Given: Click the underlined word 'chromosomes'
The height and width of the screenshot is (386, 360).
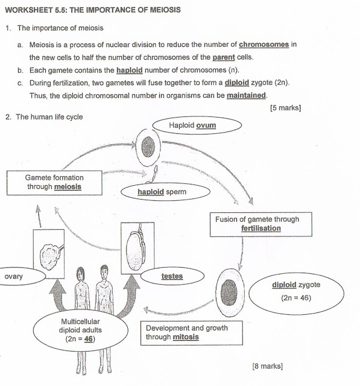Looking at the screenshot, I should click(264, 45).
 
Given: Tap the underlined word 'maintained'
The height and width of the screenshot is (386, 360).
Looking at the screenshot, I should click(247, 96).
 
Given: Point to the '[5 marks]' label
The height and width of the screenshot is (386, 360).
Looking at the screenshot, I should click(285, 108).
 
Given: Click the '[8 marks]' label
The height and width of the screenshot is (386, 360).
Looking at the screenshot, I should click(268, 365).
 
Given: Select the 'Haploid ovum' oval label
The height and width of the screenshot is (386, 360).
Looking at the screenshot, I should click(196, 125).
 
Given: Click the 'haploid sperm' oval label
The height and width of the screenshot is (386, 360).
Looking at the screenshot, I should click(166, 193).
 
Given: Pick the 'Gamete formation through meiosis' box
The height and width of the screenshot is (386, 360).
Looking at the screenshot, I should click(54, 182).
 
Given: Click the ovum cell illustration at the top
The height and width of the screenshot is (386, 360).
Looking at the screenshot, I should click(148, 145).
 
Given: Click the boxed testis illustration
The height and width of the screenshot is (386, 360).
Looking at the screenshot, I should click(137, 246).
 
